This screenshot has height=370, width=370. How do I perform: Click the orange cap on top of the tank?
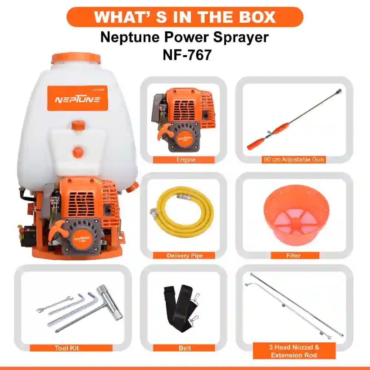tap(76, 58)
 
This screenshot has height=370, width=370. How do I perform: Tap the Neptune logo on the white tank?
tap(77, 99)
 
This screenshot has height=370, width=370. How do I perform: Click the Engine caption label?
tap(184, 160)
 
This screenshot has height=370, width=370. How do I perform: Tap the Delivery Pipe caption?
tap(184, 256)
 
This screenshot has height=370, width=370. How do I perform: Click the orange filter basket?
tap(296, 215)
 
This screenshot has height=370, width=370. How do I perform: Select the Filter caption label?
tap(295, 256)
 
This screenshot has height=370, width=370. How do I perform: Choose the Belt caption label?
tap(184, 348)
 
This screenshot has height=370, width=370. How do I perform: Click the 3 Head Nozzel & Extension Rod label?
tap(294, 351)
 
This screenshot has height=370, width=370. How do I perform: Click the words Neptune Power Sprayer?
tap(184, 37)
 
